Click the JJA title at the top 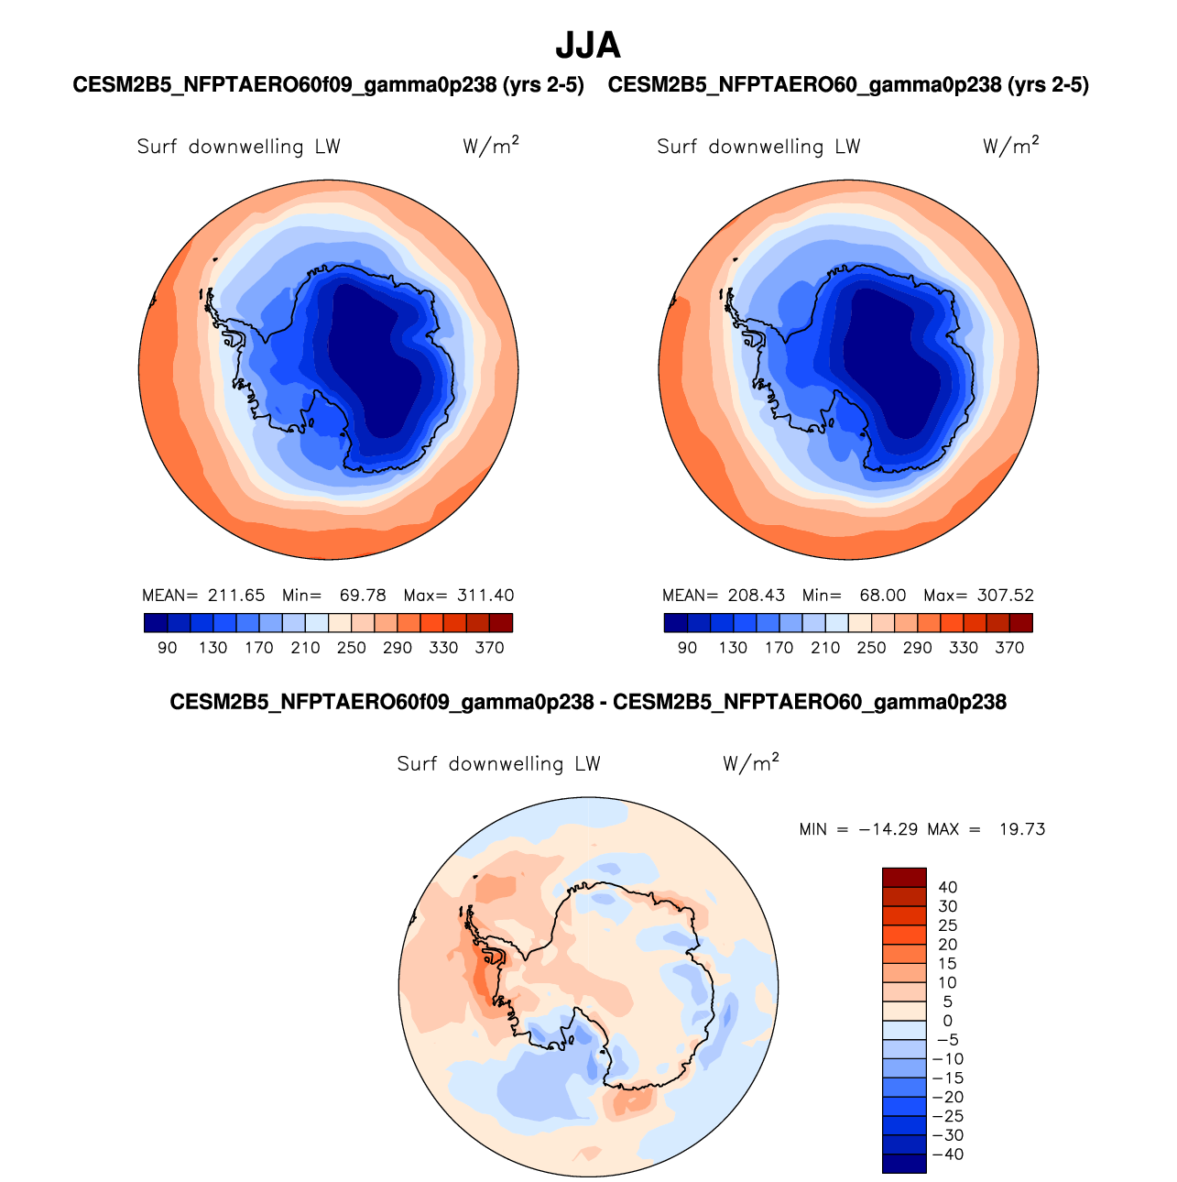pos(588,45)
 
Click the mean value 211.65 pos(236,596)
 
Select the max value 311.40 pos(485,596)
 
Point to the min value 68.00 pos(883,596)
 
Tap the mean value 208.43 pos(757,596)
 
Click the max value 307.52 pos(1006,596)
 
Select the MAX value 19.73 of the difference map pos(1022,829)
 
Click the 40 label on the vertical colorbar pos(947,887)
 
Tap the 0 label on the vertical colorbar pos(947,1021)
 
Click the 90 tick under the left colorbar pos(167,648)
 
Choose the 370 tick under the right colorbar pos(1009,648)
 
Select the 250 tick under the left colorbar pos(351,648)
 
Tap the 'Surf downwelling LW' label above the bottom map pos(498,764)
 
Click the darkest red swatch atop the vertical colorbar pos(904,877)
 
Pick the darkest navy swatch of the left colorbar pos(156,623)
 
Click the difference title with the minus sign pos(588,703)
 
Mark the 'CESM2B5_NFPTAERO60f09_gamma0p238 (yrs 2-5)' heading pos(328,85)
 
